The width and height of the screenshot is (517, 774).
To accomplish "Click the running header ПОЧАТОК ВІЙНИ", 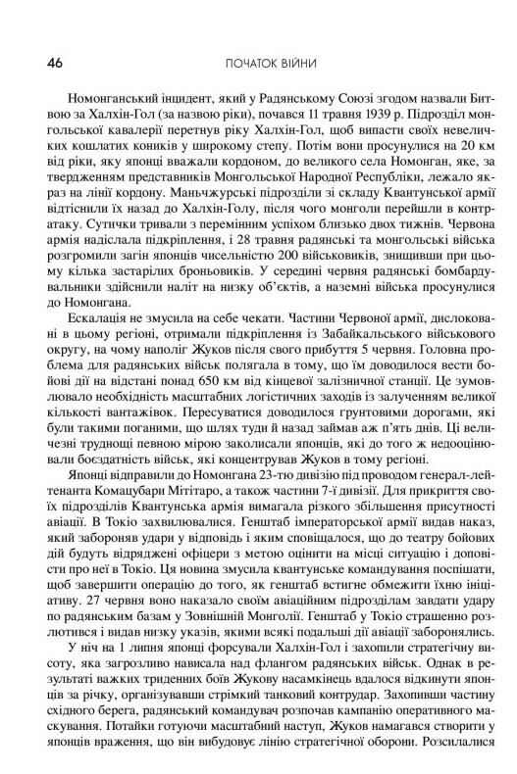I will [x=258, y=65].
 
